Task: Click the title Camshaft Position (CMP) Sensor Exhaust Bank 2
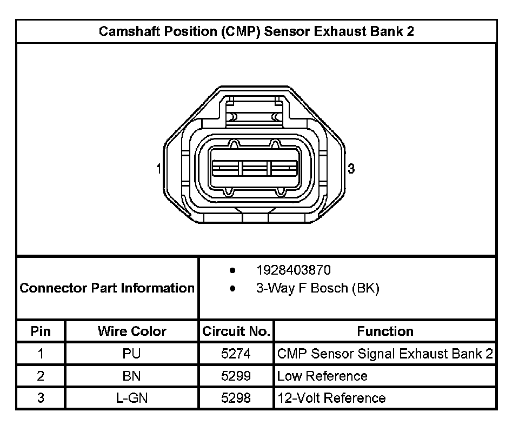(x=256, y=31)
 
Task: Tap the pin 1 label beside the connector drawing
(x=158, y=169)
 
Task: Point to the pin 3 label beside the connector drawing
(x=351, y=169)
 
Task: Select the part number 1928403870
(x=293, y=270)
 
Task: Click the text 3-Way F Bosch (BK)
(x=317, y=288)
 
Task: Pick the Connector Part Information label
(x=107, y=288)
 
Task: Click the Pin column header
(x=41, y=331)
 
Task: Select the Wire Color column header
(x=132, y=331)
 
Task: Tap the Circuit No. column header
(x=236, y=331)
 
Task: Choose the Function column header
(x=385, y=331)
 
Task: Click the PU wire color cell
(x=132, y=354)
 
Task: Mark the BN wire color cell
(x=132, y=376)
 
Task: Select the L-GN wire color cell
(x=132, y=399)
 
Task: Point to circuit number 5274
(x=236, y=354)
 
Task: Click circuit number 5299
(x=236, y=376)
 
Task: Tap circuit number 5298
(x=236, y=399)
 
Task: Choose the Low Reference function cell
(x=322, y=376)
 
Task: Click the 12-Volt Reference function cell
(x=331, y=399)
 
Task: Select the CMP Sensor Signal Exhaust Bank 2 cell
(x=385, y=354)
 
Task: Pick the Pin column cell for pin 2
(x=41, y=376)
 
